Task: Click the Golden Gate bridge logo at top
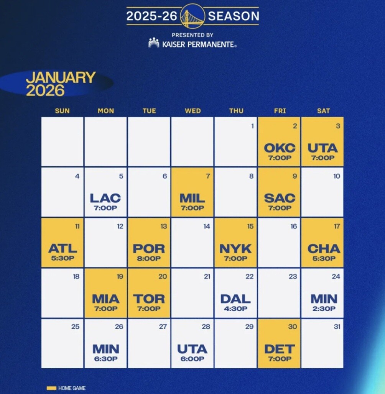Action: pos(192,16)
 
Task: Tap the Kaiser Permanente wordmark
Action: pos(199,44)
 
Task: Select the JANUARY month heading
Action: pos(61,77)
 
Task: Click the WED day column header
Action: pos(193,111)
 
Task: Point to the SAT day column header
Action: pos(323,111)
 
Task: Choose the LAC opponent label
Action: pos(105,198)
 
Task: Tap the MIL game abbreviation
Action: pos(192,198)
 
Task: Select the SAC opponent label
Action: pos(280,198)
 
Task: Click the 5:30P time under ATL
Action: pos(63,258)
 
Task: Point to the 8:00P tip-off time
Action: pos(149,258)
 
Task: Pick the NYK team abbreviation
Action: pos(235,248)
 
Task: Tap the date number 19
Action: pos(120,277)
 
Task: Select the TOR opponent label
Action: pos(149,299)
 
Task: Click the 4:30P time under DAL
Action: pos(235,309)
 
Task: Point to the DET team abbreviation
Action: pos(280,349)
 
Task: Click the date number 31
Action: pos(337,327)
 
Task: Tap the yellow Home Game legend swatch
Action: pos(51,388)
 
